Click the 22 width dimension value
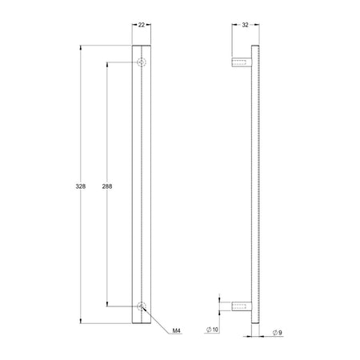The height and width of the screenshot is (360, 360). [142, 25]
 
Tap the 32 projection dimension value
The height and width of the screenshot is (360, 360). [245, 25]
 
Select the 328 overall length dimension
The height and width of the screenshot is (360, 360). [81, 186]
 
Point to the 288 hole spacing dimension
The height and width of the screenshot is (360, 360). [107, 186]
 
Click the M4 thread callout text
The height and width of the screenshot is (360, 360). [177, 331]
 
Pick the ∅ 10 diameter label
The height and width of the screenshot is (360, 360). [212, 330]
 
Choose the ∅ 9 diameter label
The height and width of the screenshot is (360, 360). [278, 333]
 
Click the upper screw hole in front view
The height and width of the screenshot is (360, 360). [142, 62]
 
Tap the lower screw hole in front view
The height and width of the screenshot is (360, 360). [142, 306]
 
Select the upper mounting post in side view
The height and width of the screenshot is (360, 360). [242, 62]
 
